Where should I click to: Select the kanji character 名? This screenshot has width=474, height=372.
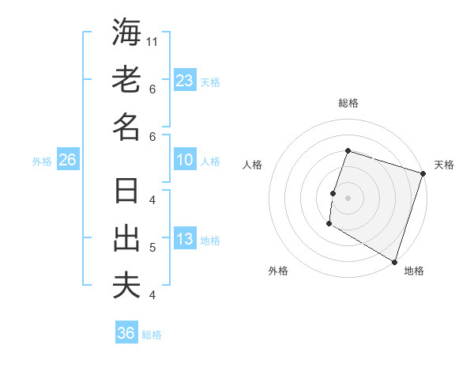(126, 127)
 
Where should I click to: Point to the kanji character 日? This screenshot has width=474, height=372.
(126, 192)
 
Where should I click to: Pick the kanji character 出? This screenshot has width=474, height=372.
(126, 240)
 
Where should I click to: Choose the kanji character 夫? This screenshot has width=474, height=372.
(126, 286)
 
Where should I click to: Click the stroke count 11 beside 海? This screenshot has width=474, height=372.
(153, 41)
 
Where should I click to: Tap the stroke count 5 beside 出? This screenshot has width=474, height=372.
(152, 248)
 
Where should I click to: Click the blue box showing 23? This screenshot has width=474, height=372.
(184, 80)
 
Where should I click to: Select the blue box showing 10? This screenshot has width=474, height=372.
(184, 160)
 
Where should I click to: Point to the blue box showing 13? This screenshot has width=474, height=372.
(184, 239)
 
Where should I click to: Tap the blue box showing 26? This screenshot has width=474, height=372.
(67, 160)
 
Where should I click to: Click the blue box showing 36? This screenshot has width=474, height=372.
(126, 333)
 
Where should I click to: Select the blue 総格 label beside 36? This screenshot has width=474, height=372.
(152, 335)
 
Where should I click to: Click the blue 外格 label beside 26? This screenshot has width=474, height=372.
(42, 161)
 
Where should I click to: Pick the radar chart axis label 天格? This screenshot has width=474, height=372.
(444, 165)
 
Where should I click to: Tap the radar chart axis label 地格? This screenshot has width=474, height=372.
(414, 271)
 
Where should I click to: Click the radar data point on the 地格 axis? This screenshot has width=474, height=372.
(394, 261)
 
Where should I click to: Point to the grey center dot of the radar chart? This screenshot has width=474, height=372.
(348, 197)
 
